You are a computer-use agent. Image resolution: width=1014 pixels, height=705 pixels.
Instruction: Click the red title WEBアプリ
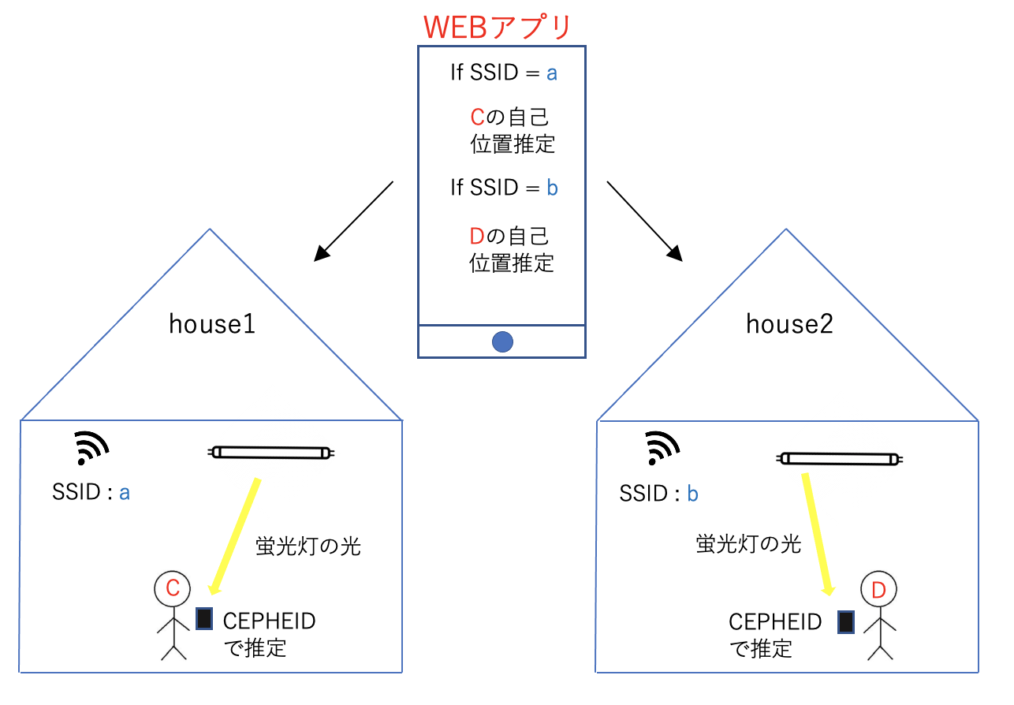pyautogui.click(x=497, y=27)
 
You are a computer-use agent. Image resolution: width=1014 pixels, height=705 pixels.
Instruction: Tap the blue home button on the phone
pyautogui.click(x=502, y=341)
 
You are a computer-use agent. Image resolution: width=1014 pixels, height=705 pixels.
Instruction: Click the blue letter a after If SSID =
pyautogui.click(x=552, y=73)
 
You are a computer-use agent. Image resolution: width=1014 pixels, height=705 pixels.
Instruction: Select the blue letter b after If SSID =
pyautogui.click(x=553, y=188)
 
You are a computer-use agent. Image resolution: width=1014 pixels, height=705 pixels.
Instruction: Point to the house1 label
pyautogui.click(x=212, y=324)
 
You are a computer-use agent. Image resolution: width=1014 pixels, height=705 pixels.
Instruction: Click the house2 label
pyautogui.click(x=789, y=324)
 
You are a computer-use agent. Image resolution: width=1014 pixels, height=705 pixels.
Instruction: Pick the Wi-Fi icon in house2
pyautogui.click(x=662, y=450)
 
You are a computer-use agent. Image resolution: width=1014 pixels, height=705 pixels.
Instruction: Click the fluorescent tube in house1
pyautogui.click(x=272, y=453)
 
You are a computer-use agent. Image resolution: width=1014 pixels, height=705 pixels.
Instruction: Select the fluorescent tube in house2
pyautogui.click(x=841, y=458)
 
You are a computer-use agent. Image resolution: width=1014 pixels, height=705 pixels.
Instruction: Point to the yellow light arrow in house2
pyautogui.click(x=816, y=534)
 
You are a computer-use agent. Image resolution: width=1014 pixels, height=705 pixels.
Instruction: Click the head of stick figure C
pyautogui.click(x=173, y=587)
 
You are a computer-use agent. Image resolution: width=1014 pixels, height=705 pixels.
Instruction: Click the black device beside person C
pyautogui.click(x=204, y=619)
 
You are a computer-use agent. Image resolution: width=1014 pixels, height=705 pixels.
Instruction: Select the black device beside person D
pyautogui.click(x=846, y=622)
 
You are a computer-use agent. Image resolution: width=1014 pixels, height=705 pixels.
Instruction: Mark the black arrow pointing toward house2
pyautogui.click(x=645, y=220)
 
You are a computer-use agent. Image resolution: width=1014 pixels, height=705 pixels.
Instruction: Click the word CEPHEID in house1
pyautogui.click(x=270, y=621)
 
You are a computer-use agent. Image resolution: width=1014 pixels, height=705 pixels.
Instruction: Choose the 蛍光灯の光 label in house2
pyautogui.click(x=748, y=544)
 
